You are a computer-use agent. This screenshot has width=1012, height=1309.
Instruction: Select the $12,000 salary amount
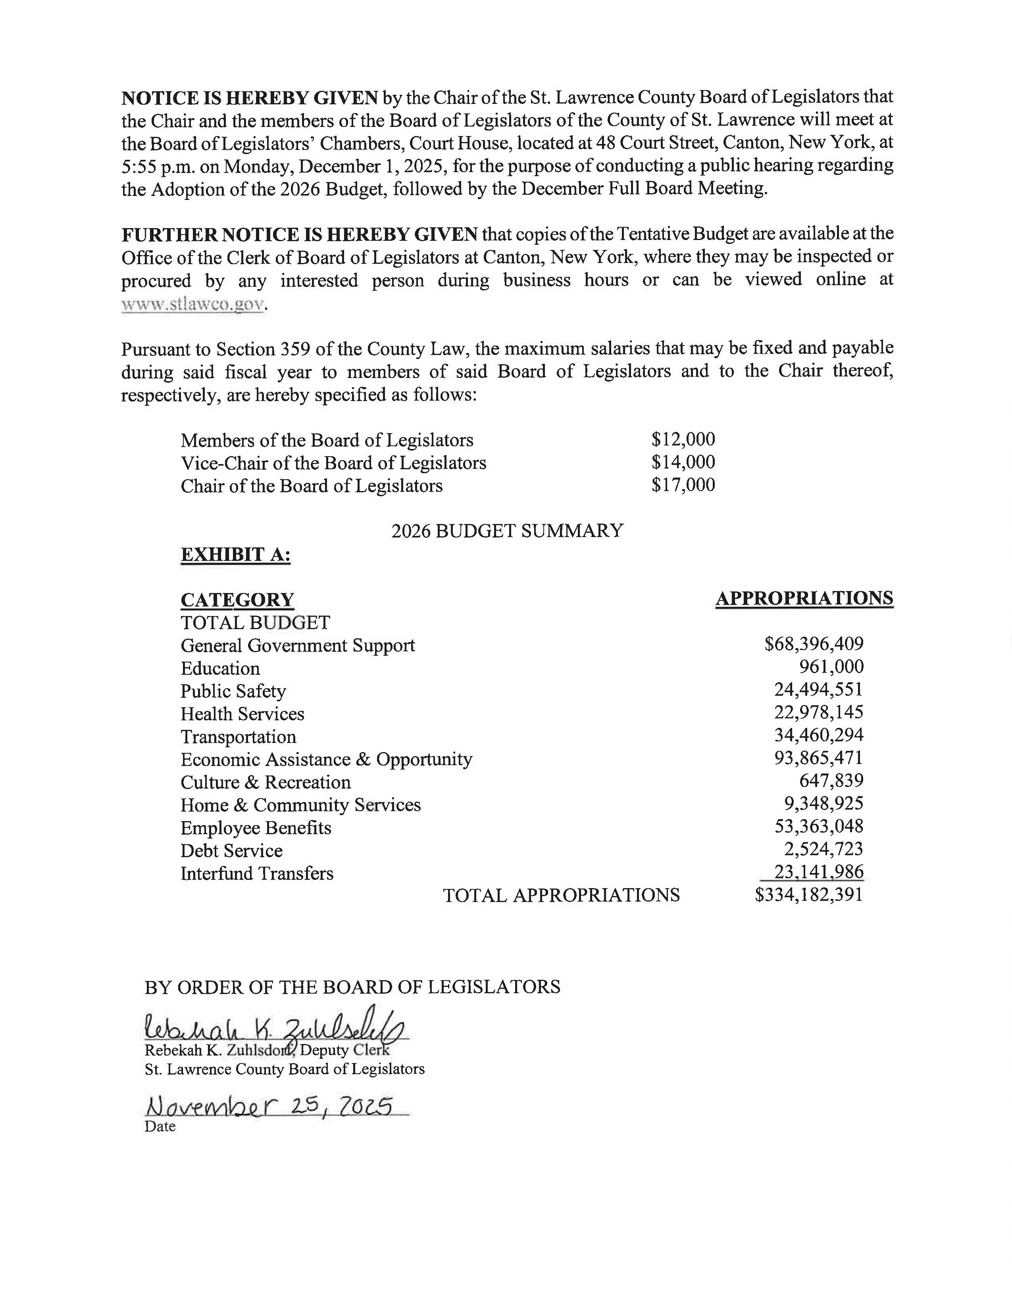(x=683, y=440)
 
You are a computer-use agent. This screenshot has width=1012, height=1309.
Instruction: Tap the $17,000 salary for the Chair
(x=683, y=485)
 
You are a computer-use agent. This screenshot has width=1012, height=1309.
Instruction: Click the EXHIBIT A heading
(x=236, y=555)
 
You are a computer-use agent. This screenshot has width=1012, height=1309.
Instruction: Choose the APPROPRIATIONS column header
(x=804, y=598)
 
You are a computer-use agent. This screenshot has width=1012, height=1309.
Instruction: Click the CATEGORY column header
(x=237, y=599)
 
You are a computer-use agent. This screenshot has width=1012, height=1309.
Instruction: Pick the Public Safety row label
(x=233, y=691)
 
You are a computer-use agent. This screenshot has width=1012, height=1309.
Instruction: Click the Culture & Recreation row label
(x=266, y=782)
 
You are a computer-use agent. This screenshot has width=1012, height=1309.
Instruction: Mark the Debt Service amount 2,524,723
(x=823, y=849)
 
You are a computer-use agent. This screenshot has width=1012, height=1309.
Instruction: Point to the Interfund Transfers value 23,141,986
(x=818, y=871)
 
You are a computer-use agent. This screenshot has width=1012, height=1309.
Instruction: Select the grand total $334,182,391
(x=809, y=895)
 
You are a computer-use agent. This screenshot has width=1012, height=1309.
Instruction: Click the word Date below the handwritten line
(x=160, y=1126)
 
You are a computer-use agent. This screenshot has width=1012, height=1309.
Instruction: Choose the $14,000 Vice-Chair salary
(x=683, y=462)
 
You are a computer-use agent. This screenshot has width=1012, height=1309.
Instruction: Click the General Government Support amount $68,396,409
(x=814, y=644)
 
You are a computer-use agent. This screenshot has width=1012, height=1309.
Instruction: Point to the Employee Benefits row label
(x=256, y=828)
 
